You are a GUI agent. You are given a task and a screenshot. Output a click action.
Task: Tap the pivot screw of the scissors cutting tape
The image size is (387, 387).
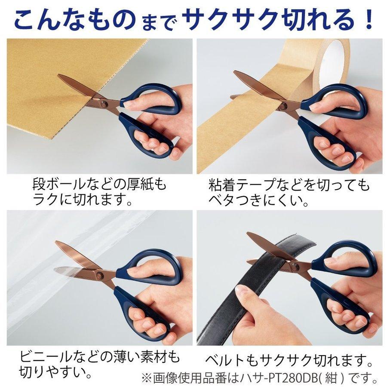(283, 106)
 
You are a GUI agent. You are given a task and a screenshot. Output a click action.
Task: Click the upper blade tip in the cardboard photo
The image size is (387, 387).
(59, 76)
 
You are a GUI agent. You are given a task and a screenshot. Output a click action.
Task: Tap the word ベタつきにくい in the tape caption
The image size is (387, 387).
(258, 200)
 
